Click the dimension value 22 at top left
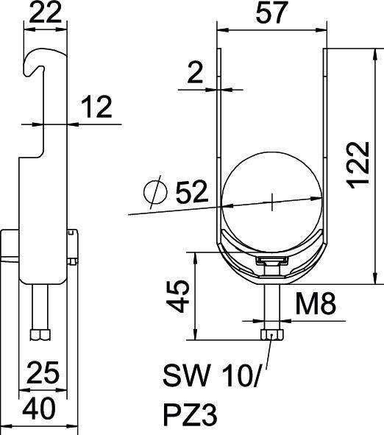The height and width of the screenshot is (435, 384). (x=42, y=13)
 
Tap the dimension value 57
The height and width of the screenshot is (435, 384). (x=271, y=14)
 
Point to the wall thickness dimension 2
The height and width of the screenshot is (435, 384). (x=193, y=72)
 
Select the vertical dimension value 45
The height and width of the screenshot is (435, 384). (x=177, y=297)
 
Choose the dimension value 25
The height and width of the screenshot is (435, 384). (x=43, y=375)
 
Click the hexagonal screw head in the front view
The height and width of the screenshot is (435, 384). (x=272, y=336)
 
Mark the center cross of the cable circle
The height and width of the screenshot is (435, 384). (x=271, y=199)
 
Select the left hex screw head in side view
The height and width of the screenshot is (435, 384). (x=37, y=336)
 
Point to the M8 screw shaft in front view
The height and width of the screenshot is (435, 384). (x=272, y=305)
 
